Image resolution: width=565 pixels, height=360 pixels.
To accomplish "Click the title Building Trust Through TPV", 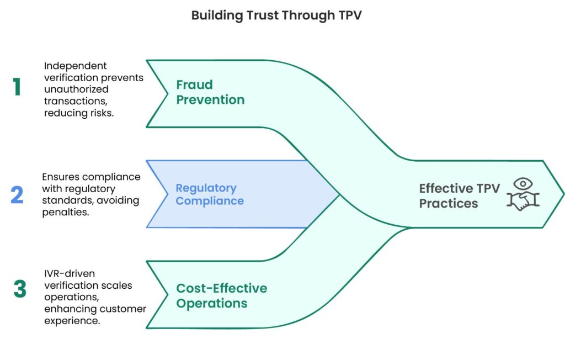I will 276,15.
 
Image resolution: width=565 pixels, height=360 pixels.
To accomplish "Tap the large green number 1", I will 17,87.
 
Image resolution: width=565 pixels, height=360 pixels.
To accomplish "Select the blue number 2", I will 17,194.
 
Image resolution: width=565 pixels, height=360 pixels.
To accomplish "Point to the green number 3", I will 19,290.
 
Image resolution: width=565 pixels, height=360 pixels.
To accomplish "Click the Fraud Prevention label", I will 210,92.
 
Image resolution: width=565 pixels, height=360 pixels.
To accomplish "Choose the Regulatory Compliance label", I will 210,194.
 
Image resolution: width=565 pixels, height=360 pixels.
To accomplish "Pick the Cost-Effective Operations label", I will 221,295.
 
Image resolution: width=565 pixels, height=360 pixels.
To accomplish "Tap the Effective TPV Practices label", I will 459,195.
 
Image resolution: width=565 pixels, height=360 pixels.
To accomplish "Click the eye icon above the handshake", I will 522,184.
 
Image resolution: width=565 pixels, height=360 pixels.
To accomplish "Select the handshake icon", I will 523,202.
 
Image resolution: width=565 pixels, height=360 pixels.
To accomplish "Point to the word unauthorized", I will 76,89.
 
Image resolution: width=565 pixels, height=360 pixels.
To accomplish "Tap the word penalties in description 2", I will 66,211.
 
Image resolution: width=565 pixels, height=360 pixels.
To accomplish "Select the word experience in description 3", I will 72,321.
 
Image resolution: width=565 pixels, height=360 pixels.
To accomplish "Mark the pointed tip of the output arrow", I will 563,194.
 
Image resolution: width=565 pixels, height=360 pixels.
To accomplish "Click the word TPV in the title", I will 349,15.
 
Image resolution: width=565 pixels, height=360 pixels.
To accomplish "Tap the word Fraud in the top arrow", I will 194,84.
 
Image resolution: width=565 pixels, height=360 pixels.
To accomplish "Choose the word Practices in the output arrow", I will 449,203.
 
